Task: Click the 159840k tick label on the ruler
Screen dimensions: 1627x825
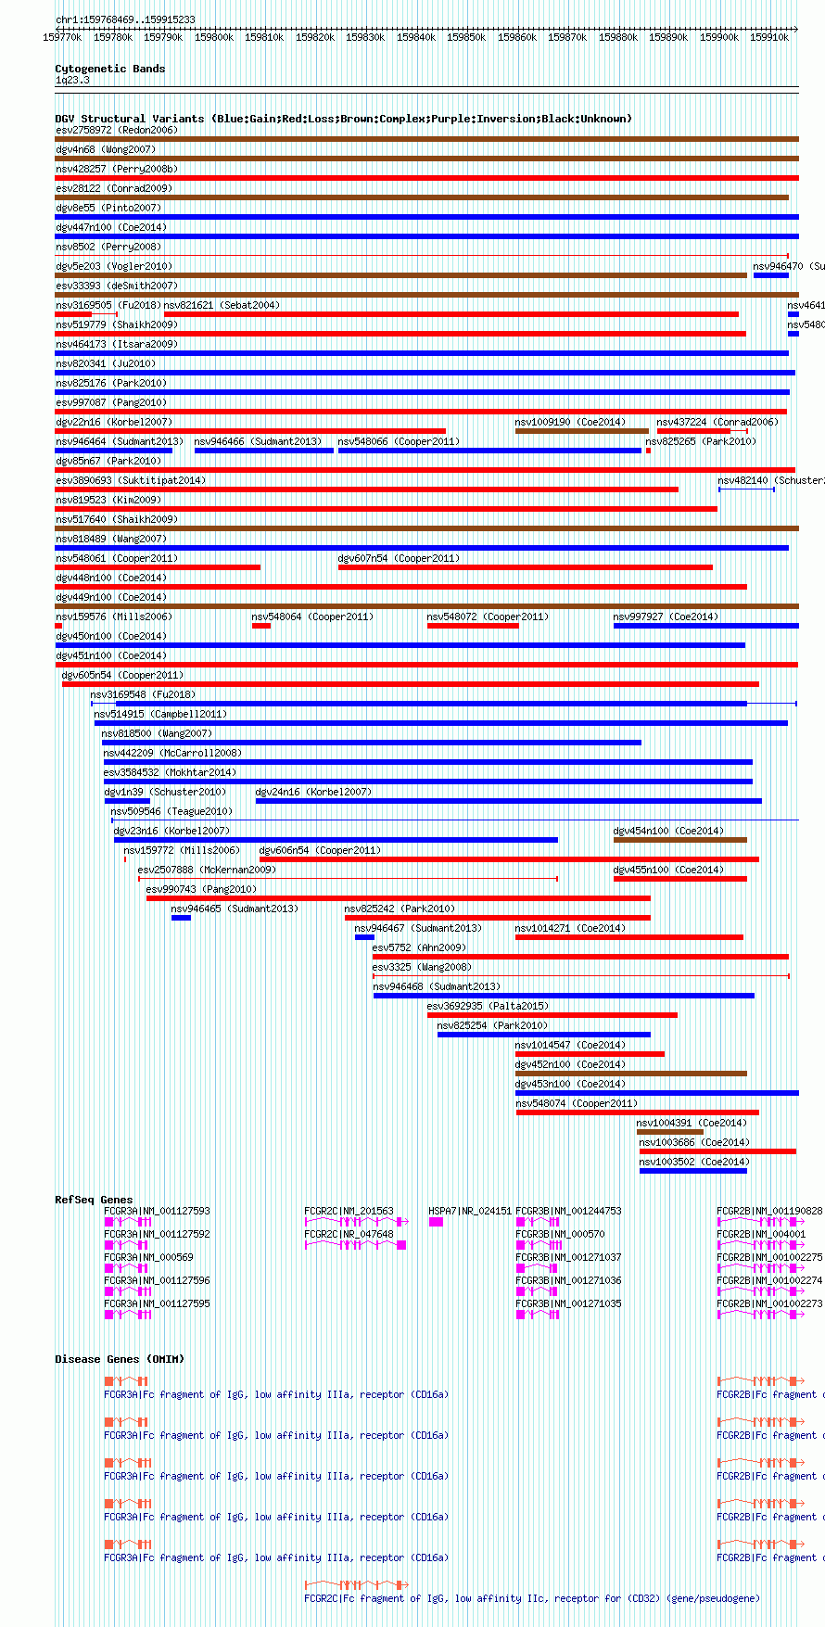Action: pyautogui.click(x=415, y=37)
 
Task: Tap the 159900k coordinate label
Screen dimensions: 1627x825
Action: pyautogui.click(x=718, y=37)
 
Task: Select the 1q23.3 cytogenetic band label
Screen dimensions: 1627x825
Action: pyautogui.click(x=72, y=81)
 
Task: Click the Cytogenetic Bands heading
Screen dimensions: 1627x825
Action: pyautogui.click(x=109, y=69)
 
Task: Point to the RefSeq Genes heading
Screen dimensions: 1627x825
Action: pyautogui.click(x=94, y=1200)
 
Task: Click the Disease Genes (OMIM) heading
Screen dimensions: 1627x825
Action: pyautogui.click(x=120, y=1359)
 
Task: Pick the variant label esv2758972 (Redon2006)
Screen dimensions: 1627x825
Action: pyautogui.click(x=116, y=130)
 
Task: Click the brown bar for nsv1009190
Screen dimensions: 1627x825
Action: pyautogui.click(x=581, y=431)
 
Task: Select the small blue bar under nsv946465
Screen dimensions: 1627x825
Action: pyautogui.click(x=181, y=918)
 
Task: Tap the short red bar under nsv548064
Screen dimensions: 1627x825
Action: pyautogui.click(x=261, y=626)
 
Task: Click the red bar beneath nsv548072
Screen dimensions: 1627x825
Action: pyautogui.click(x=473, y=626)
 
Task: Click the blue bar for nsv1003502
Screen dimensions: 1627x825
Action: pyautogui.click(x=692, y=1171)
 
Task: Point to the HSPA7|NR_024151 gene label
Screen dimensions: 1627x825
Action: pyautogui.click(x=469, y=1211)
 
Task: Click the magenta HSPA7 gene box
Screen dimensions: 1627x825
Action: pyautogui.click(x=436, y=1222)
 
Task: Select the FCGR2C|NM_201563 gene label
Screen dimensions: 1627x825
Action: pyautogui.click(x=349, y=1211)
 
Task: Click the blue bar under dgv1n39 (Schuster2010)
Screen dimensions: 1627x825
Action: pyautogui.click(x=127, y=801)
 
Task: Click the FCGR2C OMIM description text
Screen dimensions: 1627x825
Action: pyautogui.click(x=531, y=1598)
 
